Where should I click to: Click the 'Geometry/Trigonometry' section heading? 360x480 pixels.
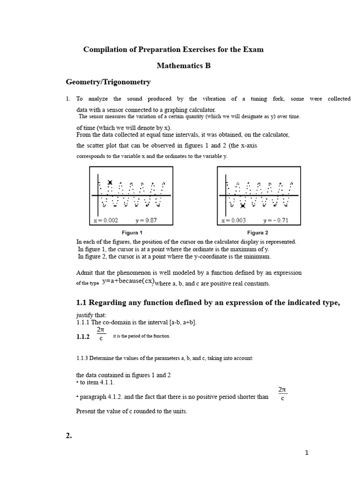click(x=108, y=82)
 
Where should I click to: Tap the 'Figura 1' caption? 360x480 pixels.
click(x=132, y=232)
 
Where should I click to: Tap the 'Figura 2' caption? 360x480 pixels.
click(x=258, y=232)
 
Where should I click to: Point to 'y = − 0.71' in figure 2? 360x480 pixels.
click(x=277, y=220)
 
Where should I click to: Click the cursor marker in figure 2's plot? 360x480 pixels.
click(x=243, y=205)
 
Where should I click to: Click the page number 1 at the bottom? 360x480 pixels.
click(x=307, y=452)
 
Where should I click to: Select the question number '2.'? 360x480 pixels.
click(x=69, y=435)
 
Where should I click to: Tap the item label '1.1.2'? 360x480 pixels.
click(x=82, y=337)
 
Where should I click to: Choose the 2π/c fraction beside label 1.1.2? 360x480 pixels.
click(x=101, y=334)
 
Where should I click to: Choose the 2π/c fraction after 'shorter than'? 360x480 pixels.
click(x=282, y=394)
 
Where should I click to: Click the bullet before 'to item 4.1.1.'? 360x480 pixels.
click(x=77, y=382)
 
